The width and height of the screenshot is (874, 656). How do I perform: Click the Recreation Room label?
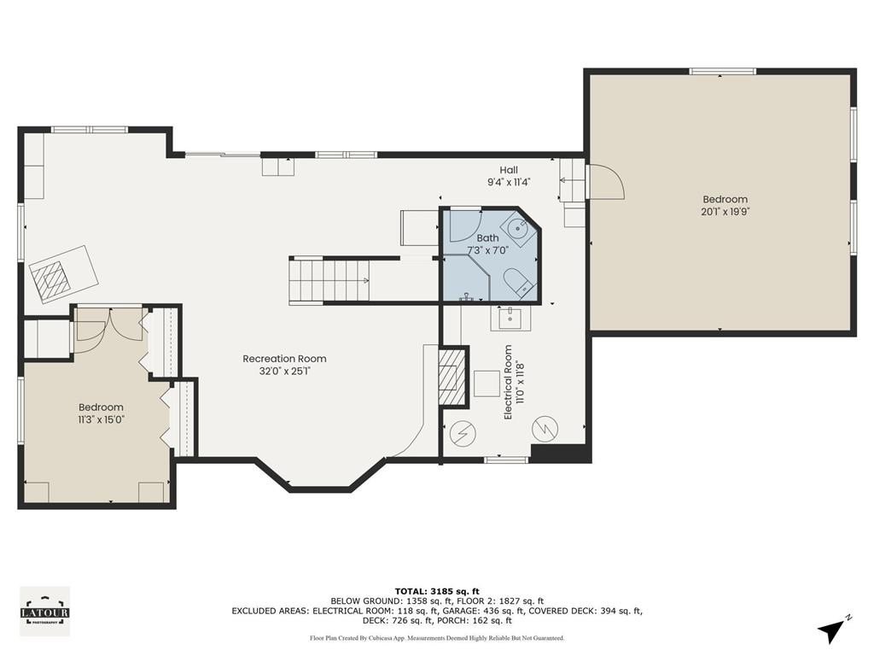tap(284, 359)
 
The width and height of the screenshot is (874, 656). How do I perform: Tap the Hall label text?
tap(509, 170)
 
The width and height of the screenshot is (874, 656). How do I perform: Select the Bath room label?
tap(487, 238)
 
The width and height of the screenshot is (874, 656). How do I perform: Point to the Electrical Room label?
tap(508, 382)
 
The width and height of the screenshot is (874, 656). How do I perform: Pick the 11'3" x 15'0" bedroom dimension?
tap(101, 419)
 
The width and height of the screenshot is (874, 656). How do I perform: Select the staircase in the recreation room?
tap(329, 280)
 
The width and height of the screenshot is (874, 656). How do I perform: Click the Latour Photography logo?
tap(45, 612)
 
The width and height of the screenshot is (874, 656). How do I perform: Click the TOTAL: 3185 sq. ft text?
tap(437, 591)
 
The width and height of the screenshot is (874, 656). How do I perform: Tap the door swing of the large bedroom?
tap(607, 182)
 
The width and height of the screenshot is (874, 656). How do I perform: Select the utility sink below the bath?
tap(510, 318)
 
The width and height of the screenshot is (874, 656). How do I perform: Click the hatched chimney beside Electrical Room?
tap(452, 377)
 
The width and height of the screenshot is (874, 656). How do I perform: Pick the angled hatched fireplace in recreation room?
tap(63, 274)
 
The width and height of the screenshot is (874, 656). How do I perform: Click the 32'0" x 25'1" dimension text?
tap(284, 371)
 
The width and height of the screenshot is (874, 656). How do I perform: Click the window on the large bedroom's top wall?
tap(722, 72)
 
